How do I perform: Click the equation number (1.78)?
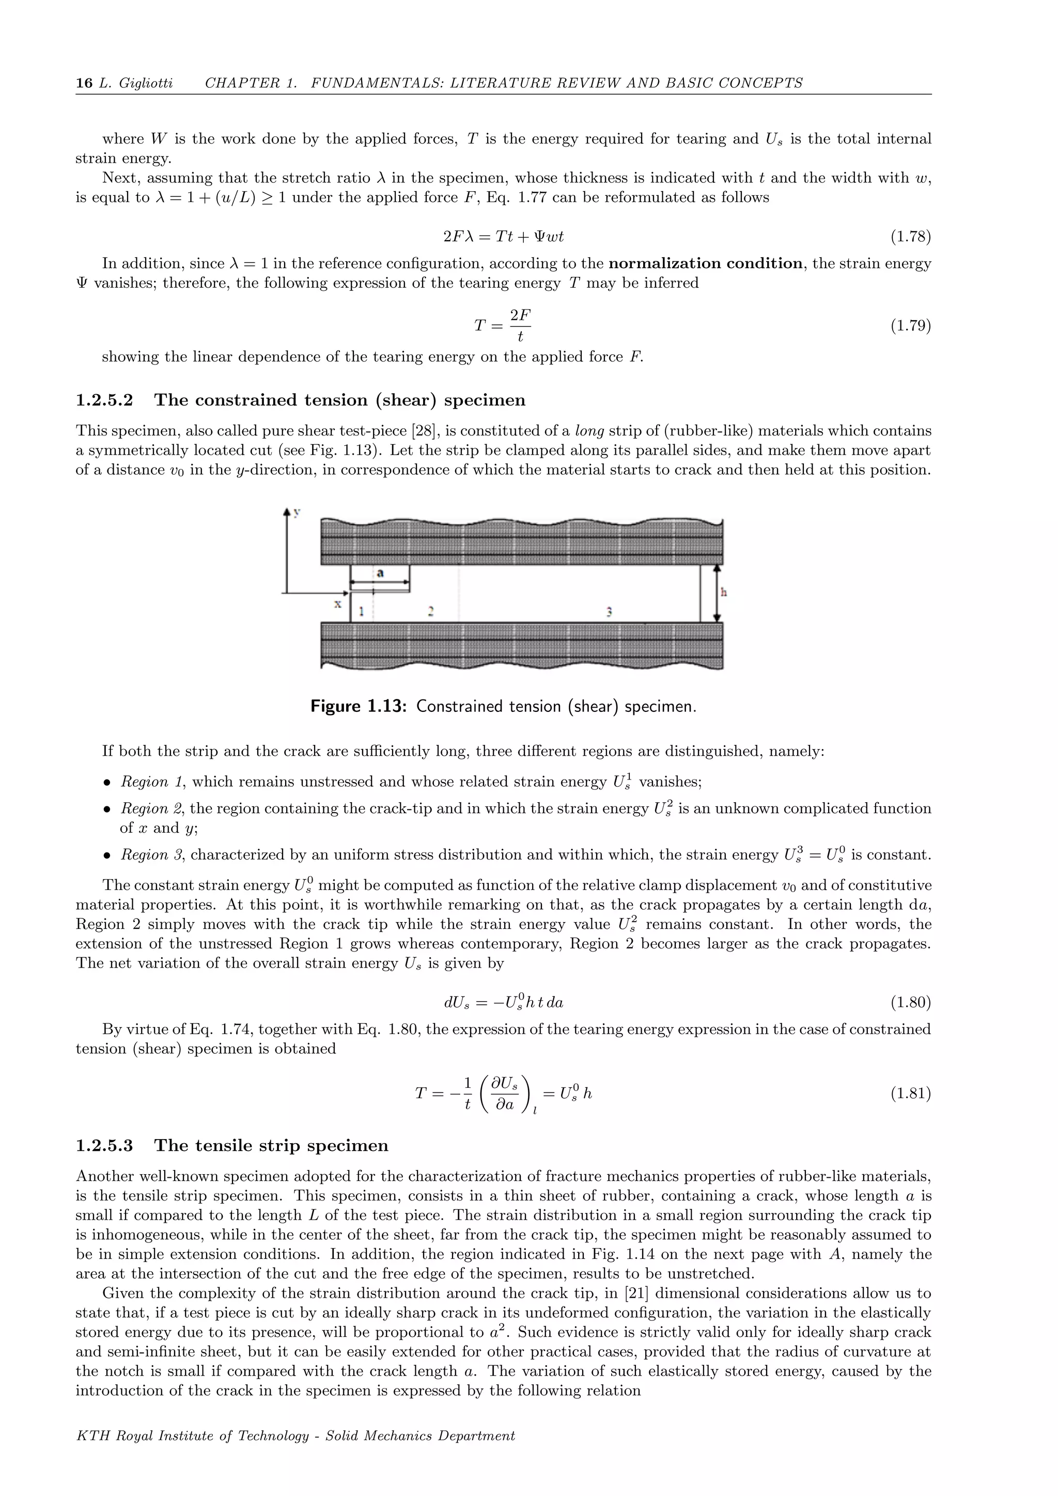click(910, 237)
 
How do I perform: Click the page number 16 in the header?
click(84, 83)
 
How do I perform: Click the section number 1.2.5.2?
click(104, 400)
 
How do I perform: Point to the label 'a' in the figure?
click(380, 573)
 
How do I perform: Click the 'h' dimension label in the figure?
click(724, 593)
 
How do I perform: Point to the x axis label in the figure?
click(337, 604)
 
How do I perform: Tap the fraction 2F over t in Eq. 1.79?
click(520, 325)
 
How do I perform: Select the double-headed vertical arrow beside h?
click(717, 593)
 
